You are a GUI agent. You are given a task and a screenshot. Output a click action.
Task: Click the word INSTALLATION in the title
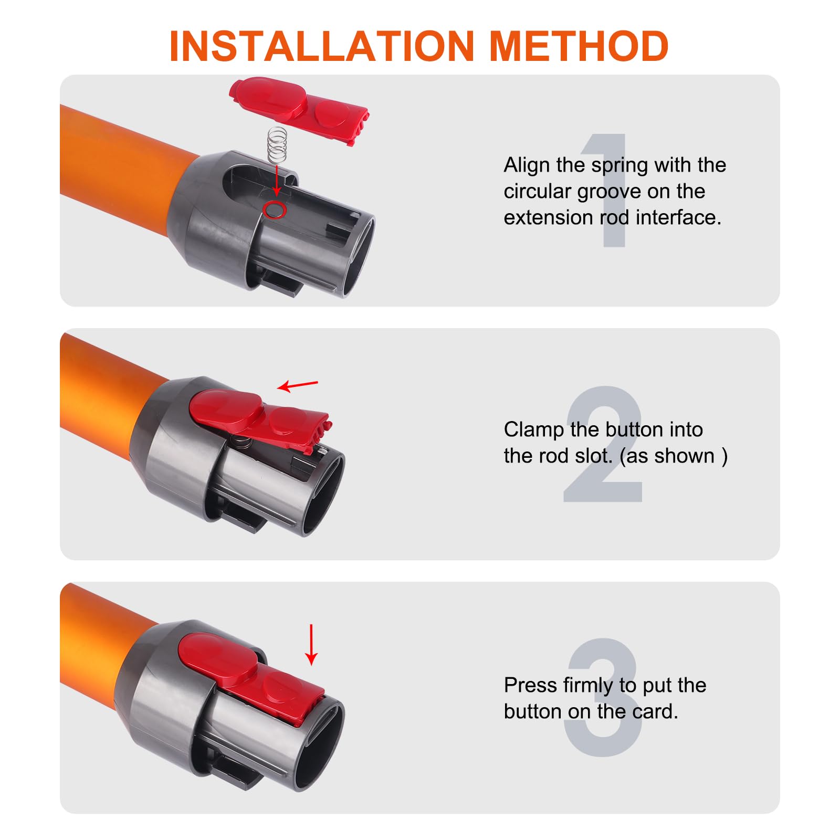pos(322,47)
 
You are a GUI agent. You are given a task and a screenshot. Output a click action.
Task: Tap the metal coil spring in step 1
pos(277,145)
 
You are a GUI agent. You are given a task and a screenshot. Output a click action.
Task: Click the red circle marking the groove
pos(274,210)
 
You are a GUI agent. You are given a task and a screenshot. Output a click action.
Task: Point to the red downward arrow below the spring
pos(277,181)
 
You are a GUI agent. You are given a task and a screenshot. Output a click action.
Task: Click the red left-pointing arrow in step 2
pos(297,386)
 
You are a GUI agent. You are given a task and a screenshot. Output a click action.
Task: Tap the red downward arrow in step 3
pos(311,645)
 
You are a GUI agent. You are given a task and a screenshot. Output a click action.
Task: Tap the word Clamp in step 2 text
pos(533,429)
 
